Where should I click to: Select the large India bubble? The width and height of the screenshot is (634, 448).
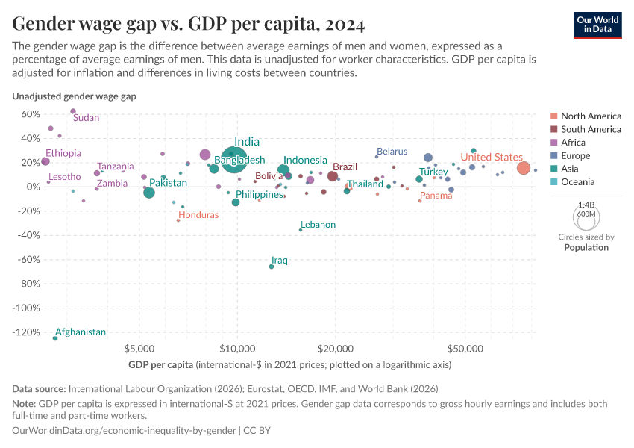233,159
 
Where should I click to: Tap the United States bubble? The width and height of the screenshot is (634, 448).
524,169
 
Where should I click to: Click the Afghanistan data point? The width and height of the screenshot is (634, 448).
55,338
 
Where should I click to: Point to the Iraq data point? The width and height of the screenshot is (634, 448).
272,267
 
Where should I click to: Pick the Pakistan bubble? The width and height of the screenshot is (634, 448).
149,193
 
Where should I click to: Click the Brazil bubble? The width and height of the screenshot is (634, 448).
333,176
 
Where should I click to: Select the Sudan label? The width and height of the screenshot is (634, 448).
87,118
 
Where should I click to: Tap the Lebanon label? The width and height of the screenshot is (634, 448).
318,225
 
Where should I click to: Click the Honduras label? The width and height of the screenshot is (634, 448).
198,215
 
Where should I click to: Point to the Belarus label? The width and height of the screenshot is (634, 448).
392,152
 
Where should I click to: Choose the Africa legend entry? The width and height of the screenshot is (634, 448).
573,143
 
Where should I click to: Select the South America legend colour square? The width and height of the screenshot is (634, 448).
553,129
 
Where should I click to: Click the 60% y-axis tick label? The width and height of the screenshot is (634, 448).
30,114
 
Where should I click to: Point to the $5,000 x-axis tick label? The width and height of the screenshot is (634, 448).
139,349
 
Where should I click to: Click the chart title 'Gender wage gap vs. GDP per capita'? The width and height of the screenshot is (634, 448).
189,25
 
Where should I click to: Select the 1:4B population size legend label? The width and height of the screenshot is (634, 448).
586,204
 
